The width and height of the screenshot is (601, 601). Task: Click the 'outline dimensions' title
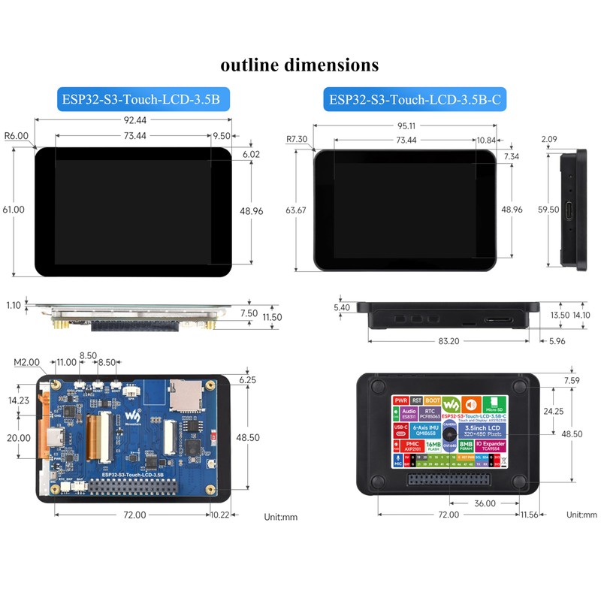[x=299, y=65]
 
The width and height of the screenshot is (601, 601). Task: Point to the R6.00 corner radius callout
[x=16, y=137]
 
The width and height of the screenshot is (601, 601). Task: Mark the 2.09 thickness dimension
[x=549, y=139]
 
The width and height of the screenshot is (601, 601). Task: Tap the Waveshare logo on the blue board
[x=132, y=415]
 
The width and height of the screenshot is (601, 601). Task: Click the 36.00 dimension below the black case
[x=485, y=503]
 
